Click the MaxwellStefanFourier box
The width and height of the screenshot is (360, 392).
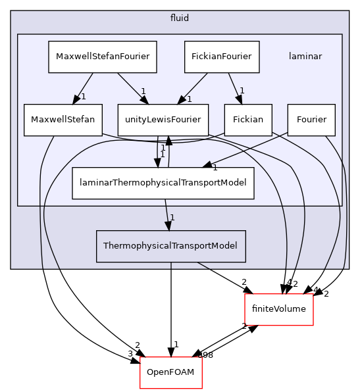tap(103, 57)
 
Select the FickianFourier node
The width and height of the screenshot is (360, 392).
tap(222, 57)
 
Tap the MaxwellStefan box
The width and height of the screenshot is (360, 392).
tap(63, 120)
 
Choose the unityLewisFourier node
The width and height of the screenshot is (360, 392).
tap(163, 120)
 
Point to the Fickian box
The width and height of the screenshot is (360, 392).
tap(248, 120)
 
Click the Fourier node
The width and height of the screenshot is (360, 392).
tap(311, 120)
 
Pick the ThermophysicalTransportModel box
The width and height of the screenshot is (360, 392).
tap(170, 246)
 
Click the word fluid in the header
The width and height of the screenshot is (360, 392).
tap(179, 18)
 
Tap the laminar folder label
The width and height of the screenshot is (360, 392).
tap(305, 56)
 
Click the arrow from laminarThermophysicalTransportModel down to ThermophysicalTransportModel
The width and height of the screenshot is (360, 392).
tap(167, 214)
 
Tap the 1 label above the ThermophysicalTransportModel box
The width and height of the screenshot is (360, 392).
tap(172, 218)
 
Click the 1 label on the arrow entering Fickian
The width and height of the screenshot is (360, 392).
tap(242, 91)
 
